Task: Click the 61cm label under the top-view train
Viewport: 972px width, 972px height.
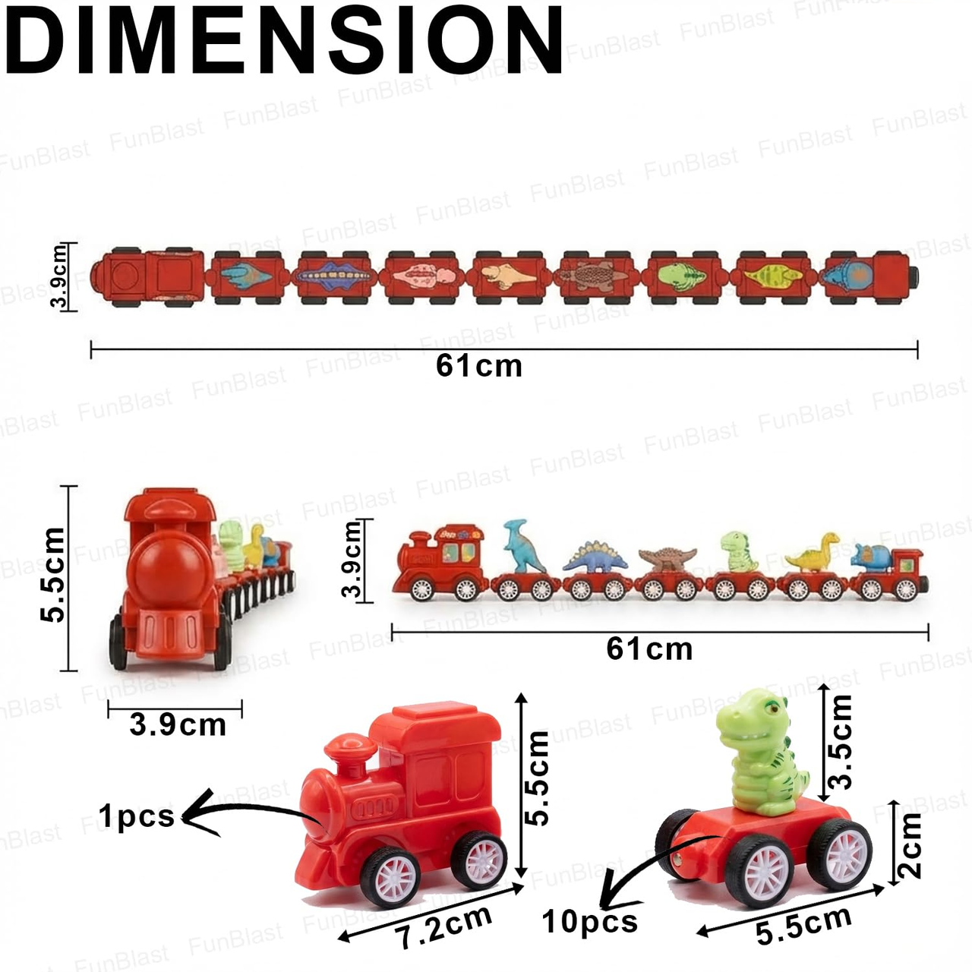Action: click(479, 366)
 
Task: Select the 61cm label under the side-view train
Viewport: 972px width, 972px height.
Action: click(649, 649)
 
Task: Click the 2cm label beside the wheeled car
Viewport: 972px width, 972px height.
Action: click(909, 844)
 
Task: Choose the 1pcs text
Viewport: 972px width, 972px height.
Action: click(136, 816)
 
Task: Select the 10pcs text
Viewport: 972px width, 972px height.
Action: click(589, 921)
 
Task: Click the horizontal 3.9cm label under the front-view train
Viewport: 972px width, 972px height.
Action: click(178, 724)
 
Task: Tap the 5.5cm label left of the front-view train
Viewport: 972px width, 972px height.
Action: click(53, 575)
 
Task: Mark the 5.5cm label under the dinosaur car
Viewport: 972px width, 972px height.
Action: click(803, 925)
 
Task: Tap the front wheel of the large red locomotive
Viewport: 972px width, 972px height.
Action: click(390, 876)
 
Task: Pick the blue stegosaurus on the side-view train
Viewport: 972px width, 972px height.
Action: click(595, 558)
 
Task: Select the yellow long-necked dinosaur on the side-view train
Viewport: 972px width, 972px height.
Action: click(813, 554)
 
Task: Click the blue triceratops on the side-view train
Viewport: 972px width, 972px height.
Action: click(871, 557)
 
